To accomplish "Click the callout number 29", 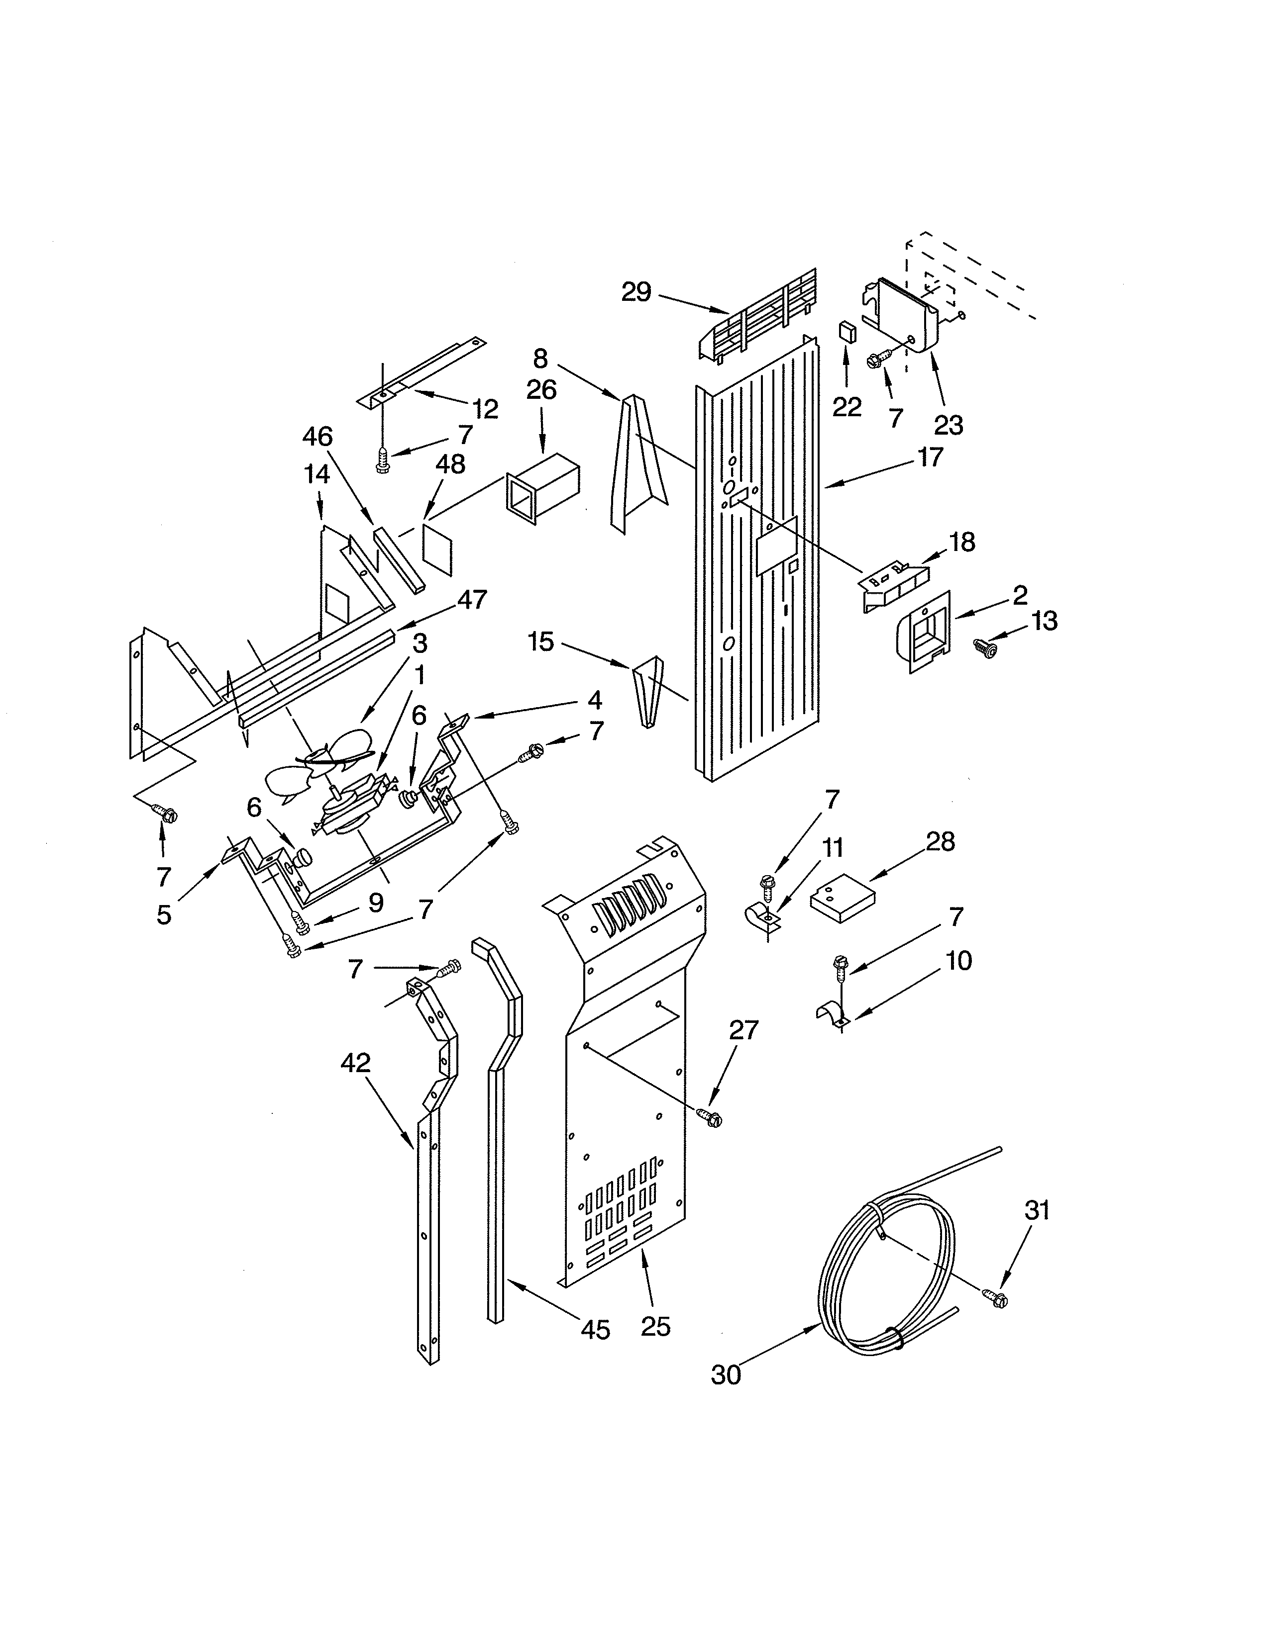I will pyautogui.click(x=635, y=292).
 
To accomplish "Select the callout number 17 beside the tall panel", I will pyautogui.click(x=930, y=457).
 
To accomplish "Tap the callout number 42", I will pyautogui.click(x=356, y=1063).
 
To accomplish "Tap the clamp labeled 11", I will pyautogui.click(x=761, y=921).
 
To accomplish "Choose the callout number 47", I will pyautogui.click(x=472, y=600).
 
